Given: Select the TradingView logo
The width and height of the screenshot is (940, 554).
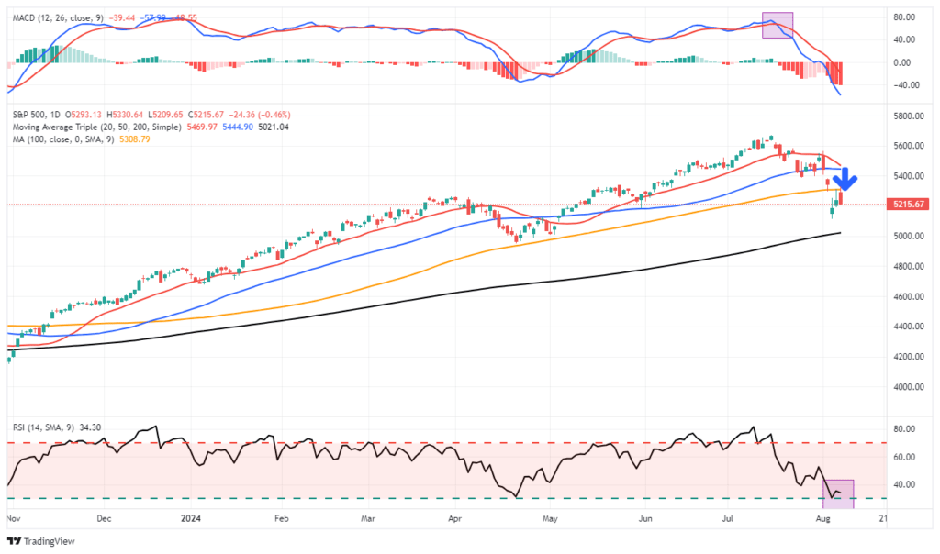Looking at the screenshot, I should tap(45, 541).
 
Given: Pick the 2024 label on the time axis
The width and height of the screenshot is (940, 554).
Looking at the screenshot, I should tap(191, 518).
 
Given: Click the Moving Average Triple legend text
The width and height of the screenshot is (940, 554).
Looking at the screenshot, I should tap(64, 126).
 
